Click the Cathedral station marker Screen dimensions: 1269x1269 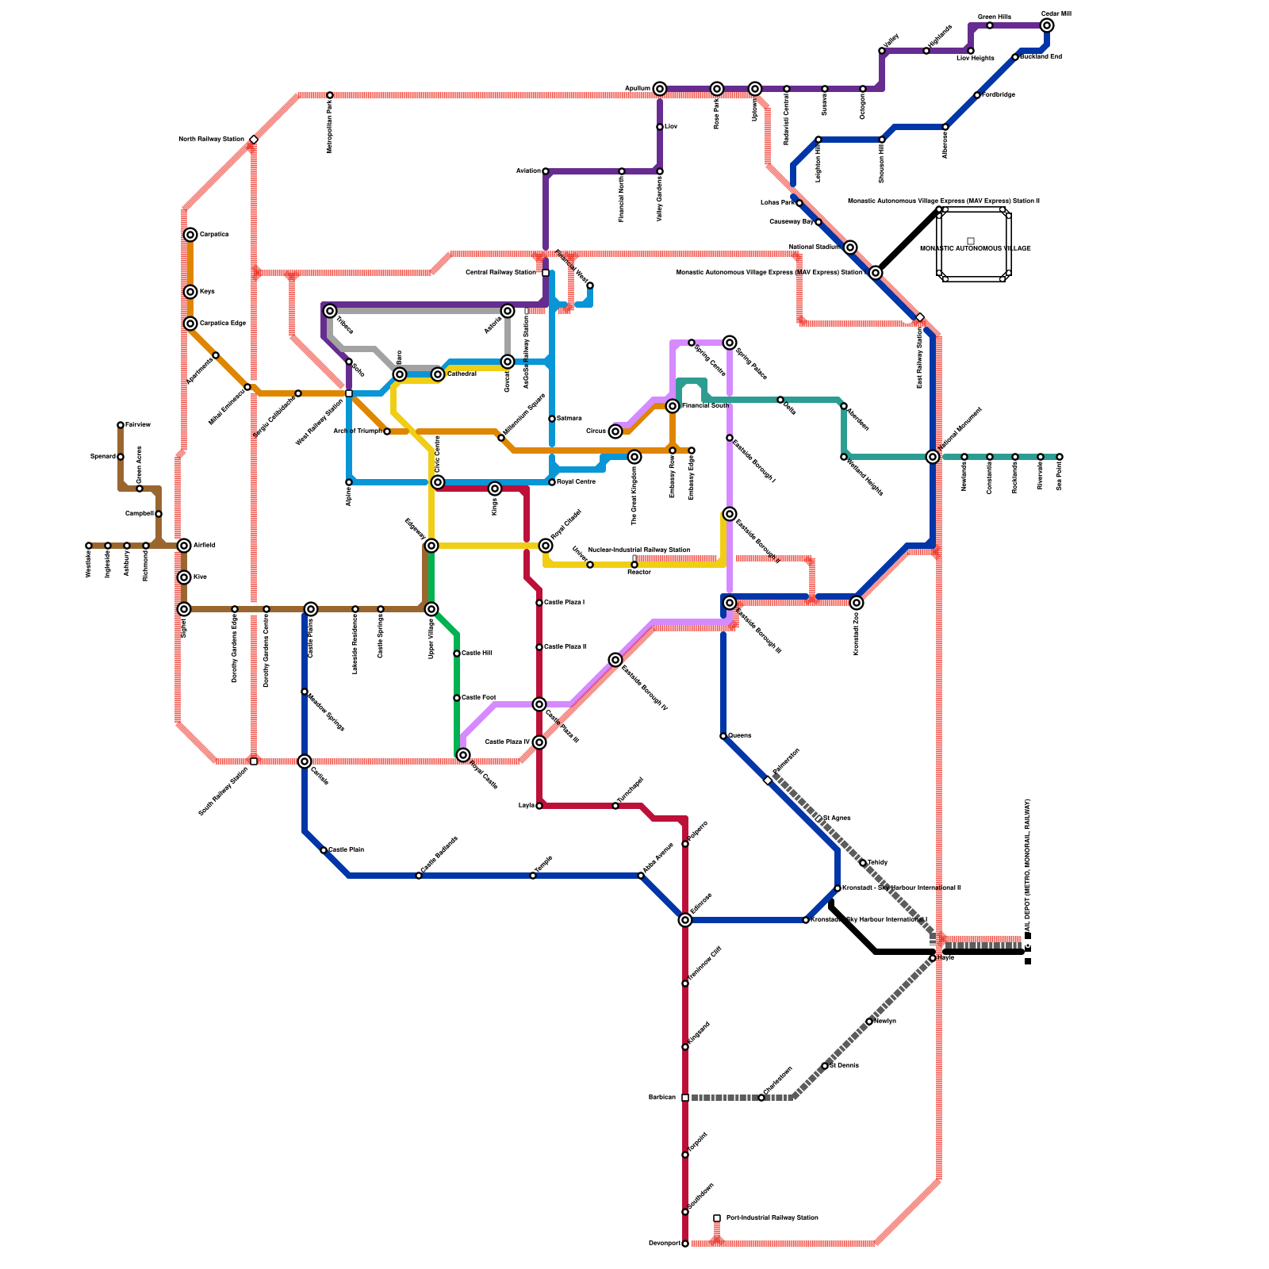point(438,374)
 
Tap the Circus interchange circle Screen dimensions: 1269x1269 point(615,431)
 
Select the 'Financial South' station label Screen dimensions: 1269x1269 point(705,406)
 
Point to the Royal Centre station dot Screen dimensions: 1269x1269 point(552,482)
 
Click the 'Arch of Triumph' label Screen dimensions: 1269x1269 point(357,431)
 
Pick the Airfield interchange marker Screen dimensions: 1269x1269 point(184,546)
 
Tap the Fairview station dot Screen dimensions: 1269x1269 point(121,425)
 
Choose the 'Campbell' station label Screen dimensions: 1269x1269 point(140,514)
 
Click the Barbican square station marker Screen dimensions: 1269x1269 point(685,1098)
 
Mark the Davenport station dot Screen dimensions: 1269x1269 point(685,1244)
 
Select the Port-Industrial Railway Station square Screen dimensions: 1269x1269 point(717,1218)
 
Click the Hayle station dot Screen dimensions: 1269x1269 point(933,958)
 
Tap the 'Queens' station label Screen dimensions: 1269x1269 point(740,736)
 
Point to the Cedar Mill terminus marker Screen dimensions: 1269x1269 point(1047,25)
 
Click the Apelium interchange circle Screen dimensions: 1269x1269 point(660,89)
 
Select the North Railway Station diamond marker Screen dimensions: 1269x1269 point(254,140)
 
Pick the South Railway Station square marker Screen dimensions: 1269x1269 point(254,761)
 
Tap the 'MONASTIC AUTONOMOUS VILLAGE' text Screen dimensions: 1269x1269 point(975,248)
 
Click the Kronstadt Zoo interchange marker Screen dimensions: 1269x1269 point(857,603)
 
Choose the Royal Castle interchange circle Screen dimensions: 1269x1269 point(463,755)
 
